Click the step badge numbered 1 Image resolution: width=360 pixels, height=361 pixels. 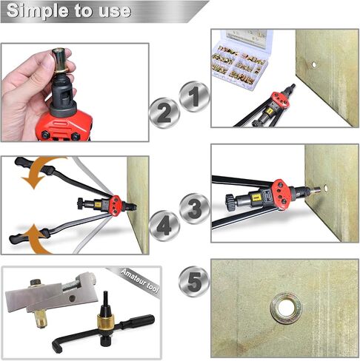point(195,97)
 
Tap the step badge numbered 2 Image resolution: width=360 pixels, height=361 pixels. point(164,113)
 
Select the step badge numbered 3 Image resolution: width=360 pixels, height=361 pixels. point(195,209)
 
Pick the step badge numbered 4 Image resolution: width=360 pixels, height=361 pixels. point(164,225)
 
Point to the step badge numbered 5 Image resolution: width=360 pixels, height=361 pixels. point(195,281)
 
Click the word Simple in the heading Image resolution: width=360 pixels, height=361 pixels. point(37,11)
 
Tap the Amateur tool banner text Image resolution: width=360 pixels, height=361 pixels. point(140,280)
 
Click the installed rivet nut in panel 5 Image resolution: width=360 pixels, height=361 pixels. point(287,308)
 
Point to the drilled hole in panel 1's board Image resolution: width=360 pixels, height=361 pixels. point(314,64)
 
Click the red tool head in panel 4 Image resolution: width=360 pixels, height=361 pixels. point(116,205)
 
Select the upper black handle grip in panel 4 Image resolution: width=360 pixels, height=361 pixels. point(35,166)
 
